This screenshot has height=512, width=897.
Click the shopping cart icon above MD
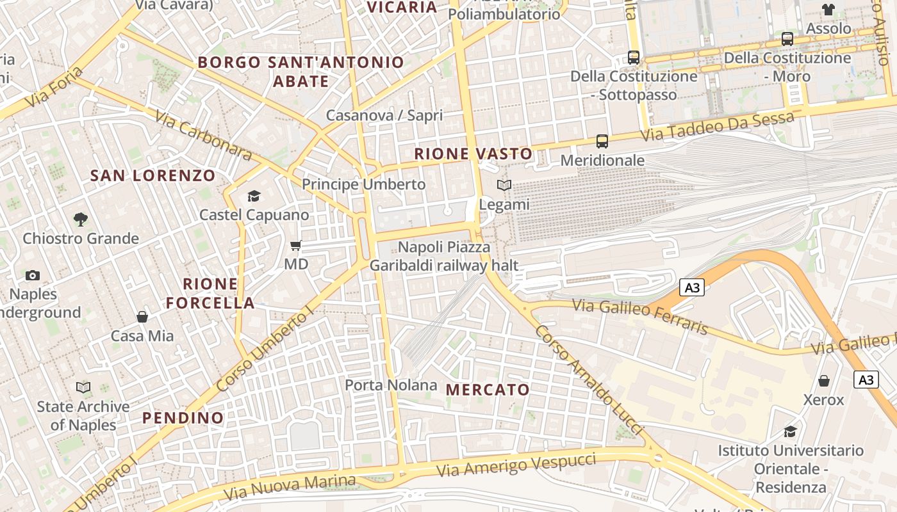pos(295,246)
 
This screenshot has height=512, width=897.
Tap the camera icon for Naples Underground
pos(33,276)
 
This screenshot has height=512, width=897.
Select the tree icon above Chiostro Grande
pos(81,220)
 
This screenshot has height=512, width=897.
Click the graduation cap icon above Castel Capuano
pos(254,196)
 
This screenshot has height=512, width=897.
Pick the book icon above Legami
pos(504,186)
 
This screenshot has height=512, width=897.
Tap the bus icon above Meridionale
pos(602,141)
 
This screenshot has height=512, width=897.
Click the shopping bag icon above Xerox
pos(824,381)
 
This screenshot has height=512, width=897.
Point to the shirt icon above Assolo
pos(828,10)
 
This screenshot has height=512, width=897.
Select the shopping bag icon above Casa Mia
pos(142,317)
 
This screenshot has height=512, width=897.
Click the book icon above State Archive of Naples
pos(83,387)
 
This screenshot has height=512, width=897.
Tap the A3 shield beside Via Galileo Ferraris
pos(692,288)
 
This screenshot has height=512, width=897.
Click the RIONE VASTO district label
pos(473,154)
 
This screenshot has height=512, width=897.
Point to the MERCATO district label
pos(488,390)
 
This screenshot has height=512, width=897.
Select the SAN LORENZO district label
pos(152,175)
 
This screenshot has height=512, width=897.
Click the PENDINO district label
pos(183,418)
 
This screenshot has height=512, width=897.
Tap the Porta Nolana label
pos(391,385)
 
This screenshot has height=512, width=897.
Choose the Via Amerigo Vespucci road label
pos(516,465)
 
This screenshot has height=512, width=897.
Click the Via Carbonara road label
pos(204,136)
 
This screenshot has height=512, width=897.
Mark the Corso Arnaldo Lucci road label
pos(588,380)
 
